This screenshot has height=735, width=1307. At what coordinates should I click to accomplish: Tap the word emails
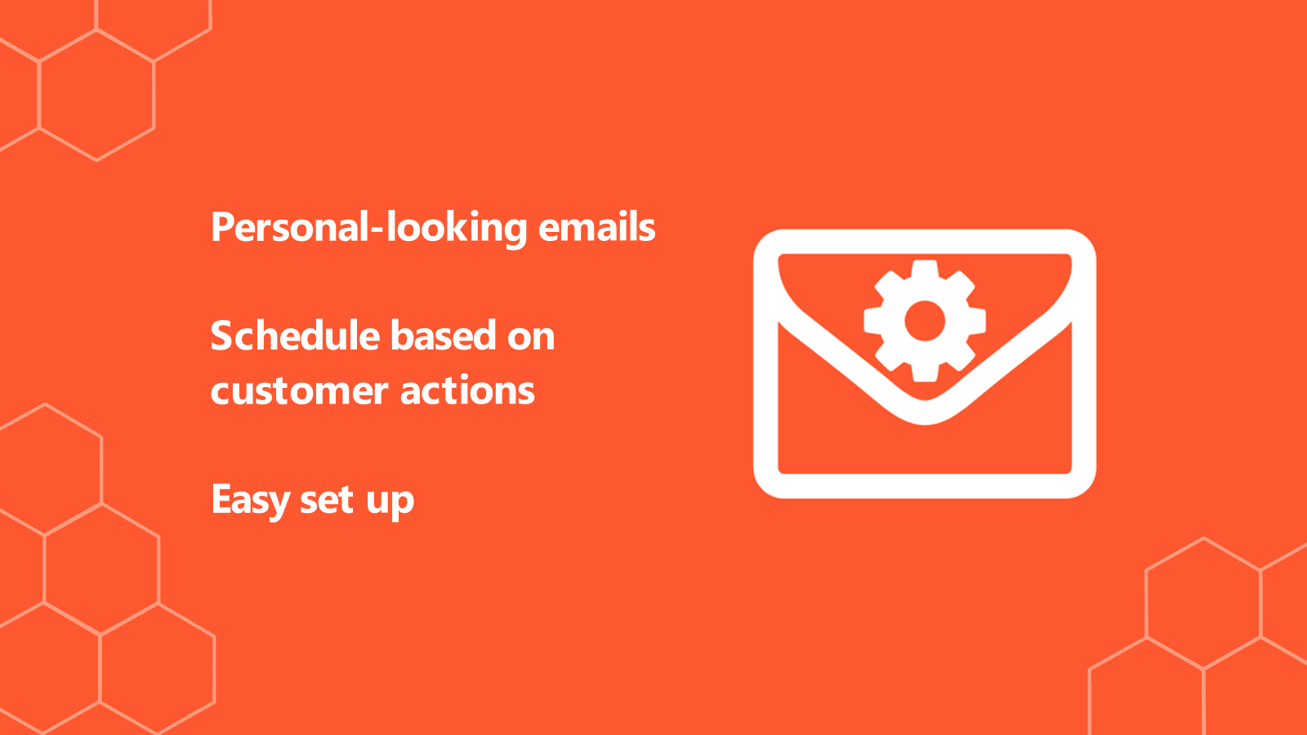(597, 227)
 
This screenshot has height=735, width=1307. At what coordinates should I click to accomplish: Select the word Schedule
(296, 336)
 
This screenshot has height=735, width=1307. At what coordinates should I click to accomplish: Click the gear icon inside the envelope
(925, 321)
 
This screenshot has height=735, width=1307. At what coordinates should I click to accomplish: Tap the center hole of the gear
(925, 321)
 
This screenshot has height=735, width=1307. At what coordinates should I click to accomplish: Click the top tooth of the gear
(925, 269)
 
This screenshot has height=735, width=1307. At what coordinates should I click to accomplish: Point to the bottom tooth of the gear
(925, 373)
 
